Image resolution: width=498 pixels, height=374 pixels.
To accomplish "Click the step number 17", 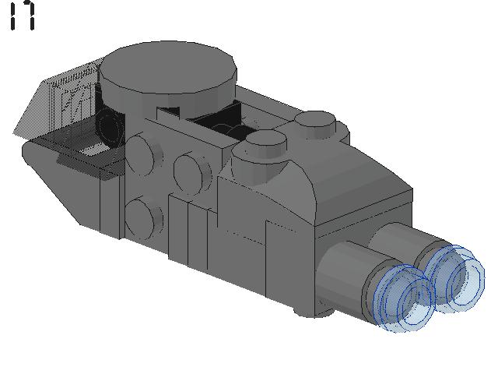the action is (23, 15).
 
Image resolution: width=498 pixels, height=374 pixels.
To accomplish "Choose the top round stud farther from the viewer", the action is (315, 125).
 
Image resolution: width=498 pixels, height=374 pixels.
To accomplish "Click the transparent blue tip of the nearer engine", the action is (404, 298).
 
